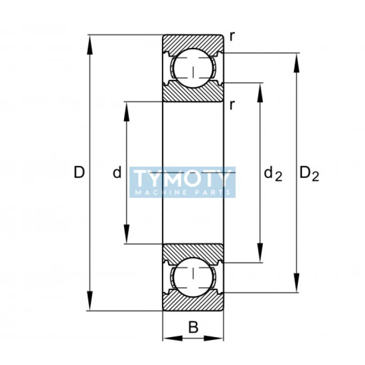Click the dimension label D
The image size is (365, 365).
pos(79,172)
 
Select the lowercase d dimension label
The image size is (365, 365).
pos(117,172)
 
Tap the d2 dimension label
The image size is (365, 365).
pos(273,174)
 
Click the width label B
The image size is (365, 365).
pos(193,327)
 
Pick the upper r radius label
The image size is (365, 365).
pos(232,36)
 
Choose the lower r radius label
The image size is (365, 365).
pos(232,105)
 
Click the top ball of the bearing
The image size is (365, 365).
pos(193,68)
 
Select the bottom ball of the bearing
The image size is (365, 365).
pos(193,277)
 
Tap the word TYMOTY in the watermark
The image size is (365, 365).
pos(182,179)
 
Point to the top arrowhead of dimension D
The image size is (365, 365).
pos(89,45)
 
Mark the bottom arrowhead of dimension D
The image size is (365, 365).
pos(89,301)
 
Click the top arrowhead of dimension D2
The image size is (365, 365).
pos(296,63)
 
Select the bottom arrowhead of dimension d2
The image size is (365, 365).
pos(260,253)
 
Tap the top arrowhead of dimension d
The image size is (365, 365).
pos(126,111)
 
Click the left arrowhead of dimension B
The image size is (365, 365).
pos(172,338)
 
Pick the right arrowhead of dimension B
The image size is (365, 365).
pos(214,338)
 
